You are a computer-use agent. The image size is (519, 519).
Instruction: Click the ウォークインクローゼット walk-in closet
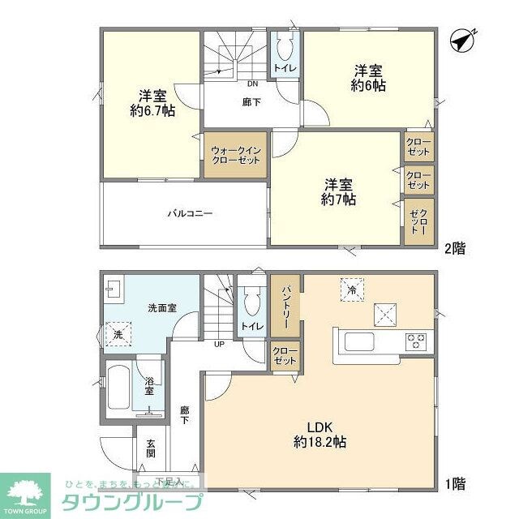pyautogui.click(x=235, y=155)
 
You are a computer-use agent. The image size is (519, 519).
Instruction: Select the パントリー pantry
pyautogui.click(x=286, y=304)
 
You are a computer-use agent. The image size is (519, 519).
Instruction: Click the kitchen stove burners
pyautogui.click(x=417, y=340)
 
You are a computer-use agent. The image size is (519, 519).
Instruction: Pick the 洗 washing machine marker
pyautogui.click(x=118, y=334)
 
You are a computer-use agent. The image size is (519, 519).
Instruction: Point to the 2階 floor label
pyautogui.click(x=454, y=249)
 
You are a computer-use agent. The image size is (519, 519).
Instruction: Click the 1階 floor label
pyautogui.click(x=454, y=484)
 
